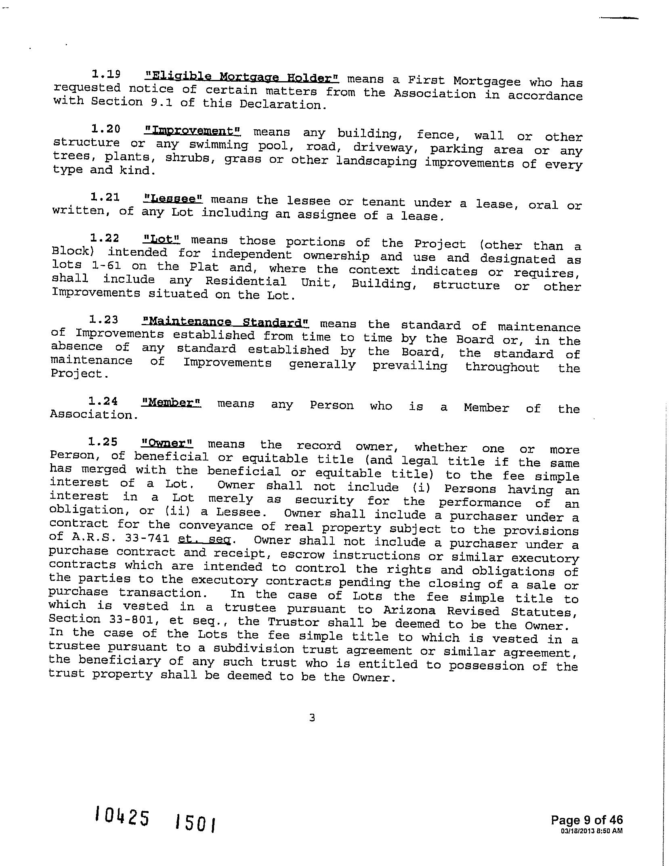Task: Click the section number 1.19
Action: (x=106, y=74)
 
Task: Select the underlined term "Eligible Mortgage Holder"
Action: (x=241, y=77)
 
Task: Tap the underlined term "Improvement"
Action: (x=192, y=131)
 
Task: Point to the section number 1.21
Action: (x=105, y=197)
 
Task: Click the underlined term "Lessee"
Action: (x=173, y=199)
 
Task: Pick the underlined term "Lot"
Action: (x=162, y=239)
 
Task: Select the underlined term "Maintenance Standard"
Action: (x=225, y=322)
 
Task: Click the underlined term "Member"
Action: (x=171, y=402)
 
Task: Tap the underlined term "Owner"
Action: (x=167, y=443)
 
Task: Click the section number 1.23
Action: (x=104, y=320)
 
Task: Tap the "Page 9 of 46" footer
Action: (x=587, y=820)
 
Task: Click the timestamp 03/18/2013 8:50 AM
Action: (x=592, y=831)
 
